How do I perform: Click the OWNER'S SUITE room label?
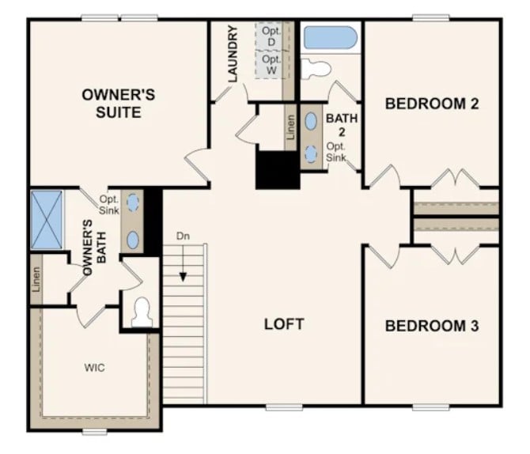[x=119, y=104]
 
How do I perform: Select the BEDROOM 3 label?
[x=432, y=325]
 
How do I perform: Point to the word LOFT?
[x=284, y=323]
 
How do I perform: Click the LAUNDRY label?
[x=233, y=54]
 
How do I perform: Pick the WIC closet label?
[x=94, y=368]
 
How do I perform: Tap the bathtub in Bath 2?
[x=331, y=38]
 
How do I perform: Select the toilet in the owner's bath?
[x=142, y=312]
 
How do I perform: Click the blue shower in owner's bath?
[x=46, y=219]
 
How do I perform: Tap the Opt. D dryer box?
[x=271, y=35]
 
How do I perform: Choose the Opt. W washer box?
[x=271, y=65]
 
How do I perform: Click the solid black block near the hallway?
[x=278, y=168]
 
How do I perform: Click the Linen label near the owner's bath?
[x=36, y=279]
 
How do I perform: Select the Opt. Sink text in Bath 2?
[x=337, y=152]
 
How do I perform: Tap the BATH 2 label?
[x=343, y=124]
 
